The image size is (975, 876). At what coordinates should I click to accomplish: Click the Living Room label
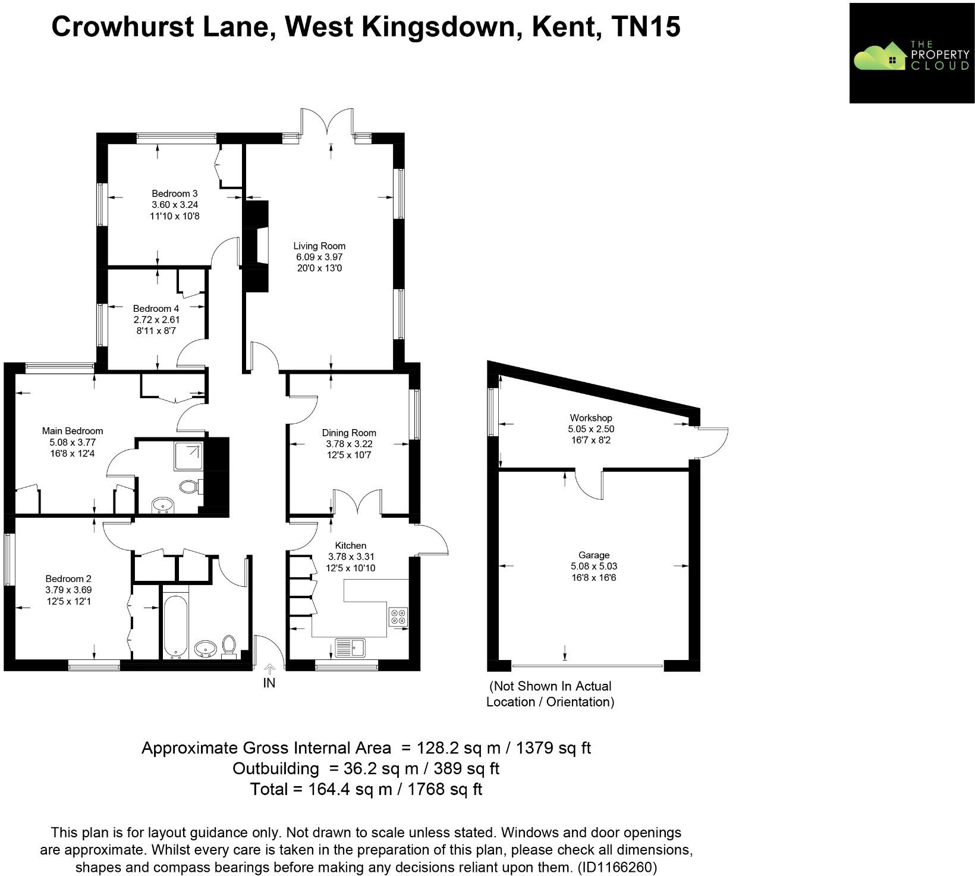click(319, 246)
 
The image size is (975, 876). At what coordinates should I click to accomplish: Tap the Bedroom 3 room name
click(174, 193)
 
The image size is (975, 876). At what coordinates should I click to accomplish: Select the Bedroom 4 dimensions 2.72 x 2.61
click(156, 320)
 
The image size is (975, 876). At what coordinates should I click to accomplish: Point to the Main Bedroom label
click(73, 431)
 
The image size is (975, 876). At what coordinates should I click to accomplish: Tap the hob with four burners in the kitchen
click(398, 617)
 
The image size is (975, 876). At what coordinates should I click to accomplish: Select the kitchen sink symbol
click(351, 647)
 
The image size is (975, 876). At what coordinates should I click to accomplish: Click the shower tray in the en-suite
click(188, 456)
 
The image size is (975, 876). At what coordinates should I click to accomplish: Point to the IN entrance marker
click(269, 683)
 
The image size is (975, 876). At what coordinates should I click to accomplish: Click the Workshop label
click(590, 418)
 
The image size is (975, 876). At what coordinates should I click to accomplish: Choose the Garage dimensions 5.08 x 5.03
click(593, 567)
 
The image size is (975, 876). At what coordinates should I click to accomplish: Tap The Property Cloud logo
click(911, 54)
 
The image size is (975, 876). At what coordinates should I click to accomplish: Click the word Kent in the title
click(565, 27)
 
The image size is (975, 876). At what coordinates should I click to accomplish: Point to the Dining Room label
click(349, 433)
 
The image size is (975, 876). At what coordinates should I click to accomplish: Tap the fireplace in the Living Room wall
click(256, 246)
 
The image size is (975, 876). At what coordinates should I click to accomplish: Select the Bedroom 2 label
click(68, 578)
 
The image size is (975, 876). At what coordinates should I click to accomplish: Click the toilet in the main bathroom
click(229, 646)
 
